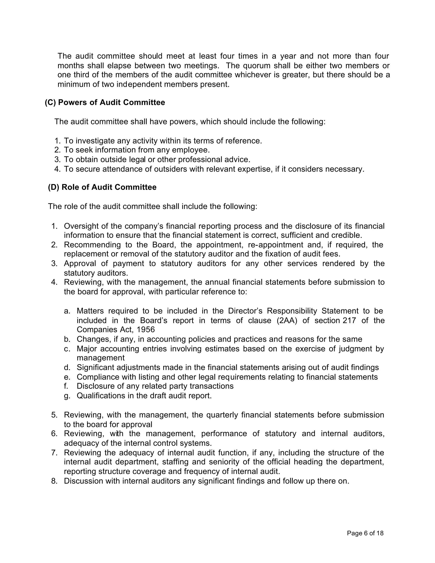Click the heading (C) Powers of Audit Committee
click(105, 102)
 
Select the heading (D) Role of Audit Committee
click(102, 187)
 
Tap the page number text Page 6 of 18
click(365, 533)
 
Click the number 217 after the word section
click(349, 320)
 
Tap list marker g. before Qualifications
click(67, 395)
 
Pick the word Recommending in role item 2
click(92, 244)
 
